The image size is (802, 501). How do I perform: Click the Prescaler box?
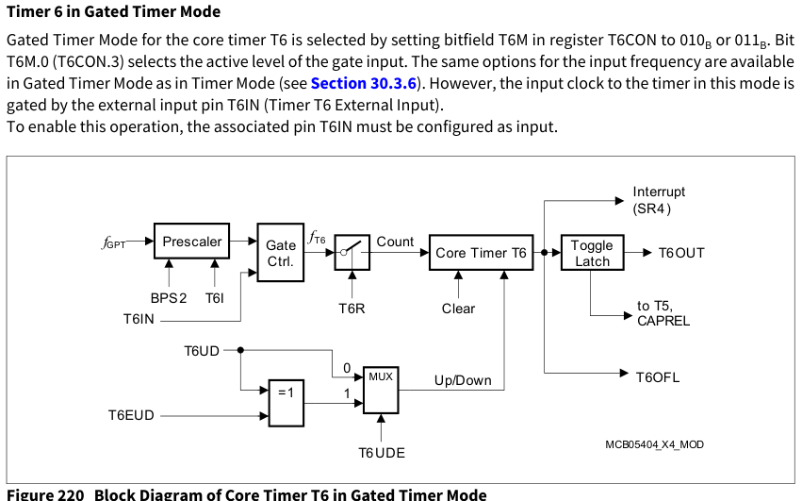[x=192, y=241]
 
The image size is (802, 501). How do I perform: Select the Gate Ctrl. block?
[x=280, y=253]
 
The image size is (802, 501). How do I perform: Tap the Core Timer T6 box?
[x=481, y=253]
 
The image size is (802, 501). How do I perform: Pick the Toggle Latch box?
[x=592, y=253]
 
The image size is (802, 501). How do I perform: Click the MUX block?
[x=381, y=390]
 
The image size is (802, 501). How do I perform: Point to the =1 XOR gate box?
[x=286, y=403]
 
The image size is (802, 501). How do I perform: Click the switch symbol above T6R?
[x=352, y=253]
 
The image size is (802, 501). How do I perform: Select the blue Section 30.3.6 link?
[x=364, y=83]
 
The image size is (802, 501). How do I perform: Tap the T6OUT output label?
[x=681, y=253]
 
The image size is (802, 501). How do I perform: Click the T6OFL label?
[x=658, y=377]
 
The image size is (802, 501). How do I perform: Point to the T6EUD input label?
[x=131, y=415]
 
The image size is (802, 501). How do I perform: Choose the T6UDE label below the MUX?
[x=382, y=453]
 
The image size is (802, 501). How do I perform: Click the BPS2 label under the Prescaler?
[x=169, y=298]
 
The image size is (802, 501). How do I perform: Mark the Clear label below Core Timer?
[x=458, y=309]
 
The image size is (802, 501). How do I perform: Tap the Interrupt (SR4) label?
[x=659, y=200]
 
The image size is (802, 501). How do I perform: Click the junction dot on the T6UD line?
[x=240, y=350]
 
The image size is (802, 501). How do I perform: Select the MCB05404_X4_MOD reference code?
[x=654, y=444]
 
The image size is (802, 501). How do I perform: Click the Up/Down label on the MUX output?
[x=463, y=380]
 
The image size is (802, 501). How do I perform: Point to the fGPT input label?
[x=113, y=242]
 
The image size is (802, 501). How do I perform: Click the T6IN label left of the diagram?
[x=139, y=319]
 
